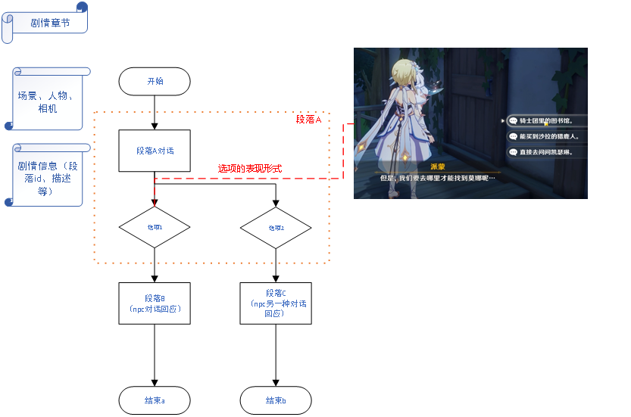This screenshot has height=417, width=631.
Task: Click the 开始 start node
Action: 155,81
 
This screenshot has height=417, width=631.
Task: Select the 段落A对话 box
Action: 155,151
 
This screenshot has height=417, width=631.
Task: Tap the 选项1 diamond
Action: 155,227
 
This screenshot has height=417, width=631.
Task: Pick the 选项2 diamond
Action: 276,227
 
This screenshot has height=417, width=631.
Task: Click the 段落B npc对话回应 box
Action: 155,303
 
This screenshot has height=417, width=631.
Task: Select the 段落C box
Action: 276,303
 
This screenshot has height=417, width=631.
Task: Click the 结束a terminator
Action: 155,400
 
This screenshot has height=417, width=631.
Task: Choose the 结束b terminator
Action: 276,400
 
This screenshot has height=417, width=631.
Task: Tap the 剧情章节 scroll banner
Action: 48,23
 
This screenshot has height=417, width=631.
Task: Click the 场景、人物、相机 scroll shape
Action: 50,101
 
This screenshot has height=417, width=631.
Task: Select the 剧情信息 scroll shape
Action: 50,177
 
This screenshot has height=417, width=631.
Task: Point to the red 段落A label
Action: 309,120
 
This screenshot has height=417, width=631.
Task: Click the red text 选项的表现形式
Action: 250,168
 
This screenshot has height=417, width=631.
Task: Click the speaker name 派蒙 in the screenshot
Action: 437,166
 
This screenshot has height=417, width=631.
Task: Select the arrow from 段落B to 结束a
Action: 155,356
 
